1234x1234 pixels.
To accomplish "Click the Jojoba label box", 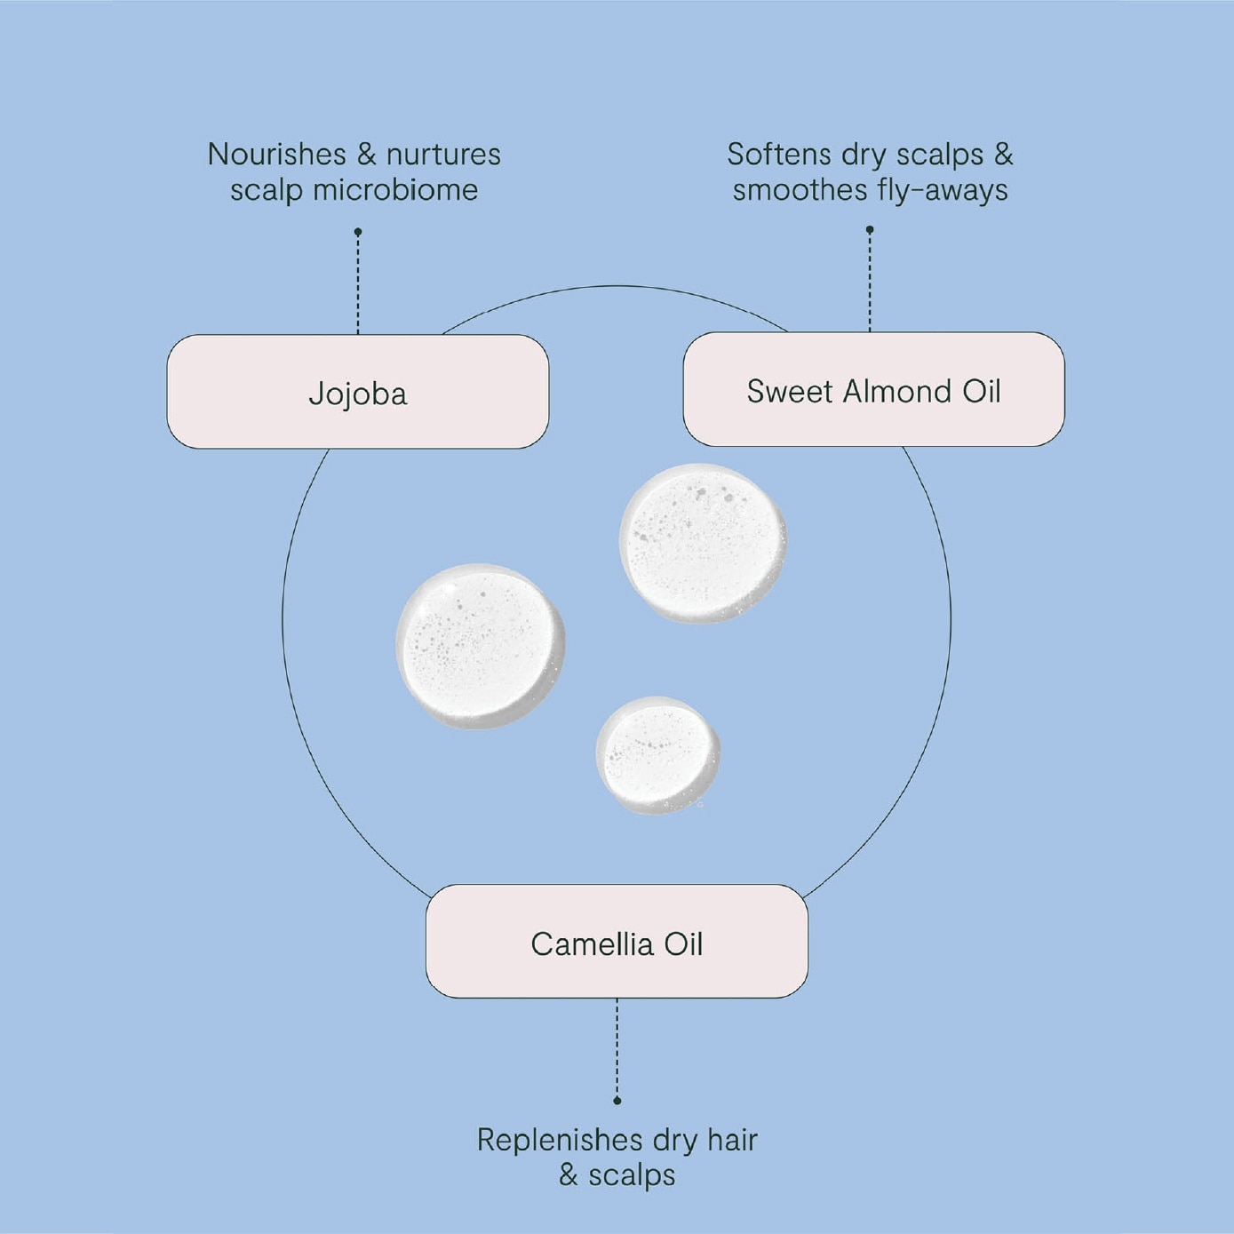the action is [357, 391].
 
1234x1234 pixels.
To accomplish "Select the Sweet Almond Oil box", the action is [873, 389].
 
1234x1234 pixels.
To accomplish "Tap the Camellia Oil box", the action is [617, 941].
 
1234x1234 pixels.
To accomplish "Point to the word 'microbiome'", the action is [395, 190].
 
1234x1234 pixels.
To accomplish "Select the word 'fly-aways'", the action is [941, 191].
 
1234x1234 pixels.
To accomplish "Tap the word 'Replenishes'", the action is [560, 1140].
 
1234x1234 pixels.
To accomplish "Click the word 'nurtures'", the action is [443, 155].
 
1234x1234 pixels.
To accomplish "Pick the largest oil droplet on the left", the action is [481, 646].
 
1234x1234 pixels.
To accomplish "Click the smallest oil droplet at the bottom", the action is [657, 756].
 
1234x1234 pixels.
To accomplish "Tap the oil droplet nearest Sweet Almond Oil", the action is [703, 543].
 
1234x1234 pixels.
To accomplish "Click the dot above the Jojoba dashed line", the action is [358, 231].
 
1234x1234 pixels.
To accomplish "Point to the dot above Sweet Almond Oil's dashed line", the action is [870, 229].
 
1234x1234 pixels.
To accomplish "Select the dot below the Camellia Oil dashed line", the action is [617, 1100].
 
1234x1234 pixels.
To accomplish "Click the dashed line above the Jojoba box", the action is [358, 284].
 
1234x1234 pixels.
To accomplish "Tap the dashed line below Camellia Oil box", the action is [617, 1047].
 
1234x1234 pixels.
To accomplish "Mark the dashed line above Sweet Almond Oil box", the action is [870, 283].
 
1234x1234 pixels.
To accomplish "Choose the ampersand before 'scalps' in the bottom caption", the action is [568, 1175].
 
